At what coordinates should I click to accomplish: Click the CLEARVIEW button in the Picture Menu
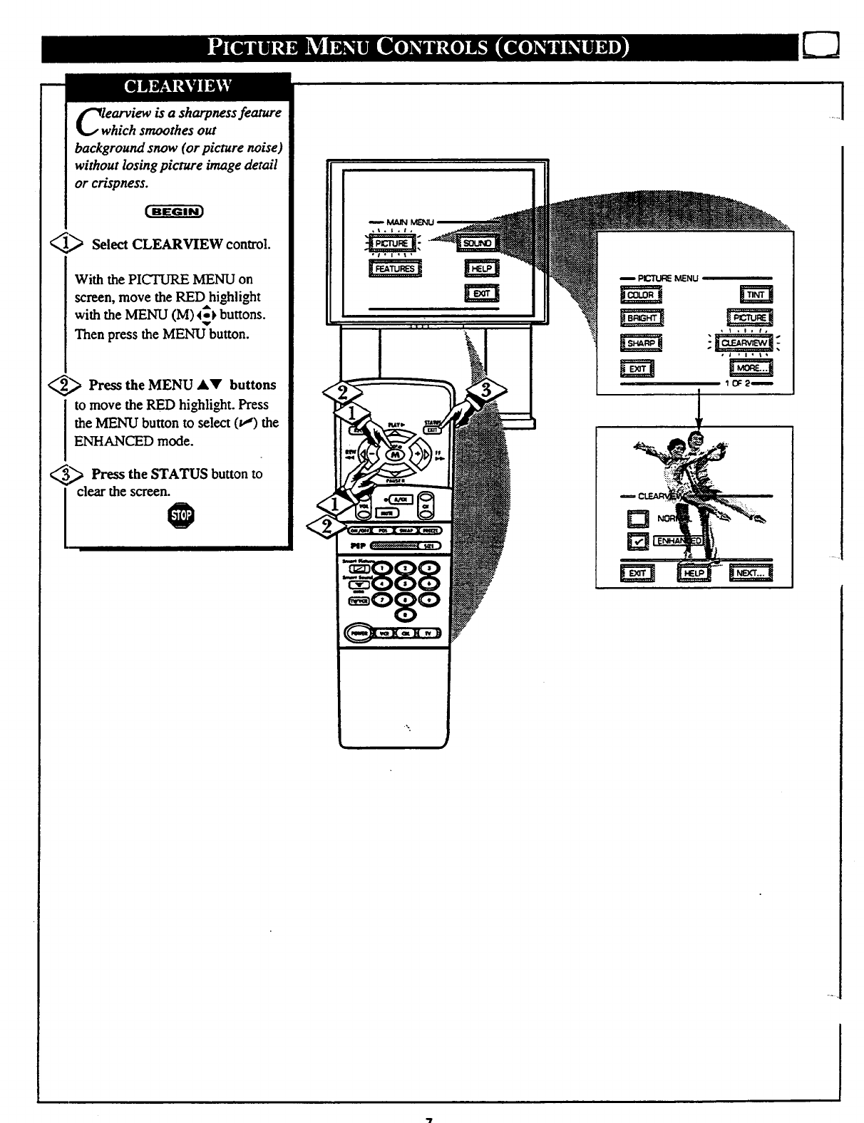coord(746,343)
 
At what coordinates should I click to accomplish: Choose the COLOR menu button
coord(641,295)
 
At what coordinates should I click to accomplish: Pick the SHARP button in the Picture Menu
coord(641,343)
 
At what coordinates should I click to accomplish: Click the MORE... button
coord(751,368)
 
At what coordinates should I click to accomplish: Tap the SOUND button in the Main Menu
coord(477,244)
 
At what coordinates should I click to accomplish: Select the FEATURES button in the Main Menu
coord(396,269)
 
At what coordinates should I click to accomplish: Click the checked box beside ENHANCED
coord(637,542)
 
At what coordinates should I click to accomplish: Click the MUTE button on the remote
coord(385,512)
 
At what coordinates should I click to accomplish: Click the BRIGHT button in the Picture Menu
coord(641,319)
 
